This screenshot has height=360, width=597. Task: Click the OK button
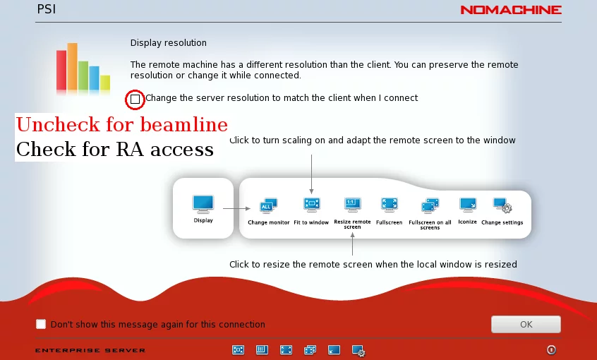526,324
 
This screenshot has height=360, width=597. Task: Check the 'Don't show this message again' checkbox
41,324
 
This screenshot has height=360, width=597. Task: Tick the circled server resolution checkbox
135,100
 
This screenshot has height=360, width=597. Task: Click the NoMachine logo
511,10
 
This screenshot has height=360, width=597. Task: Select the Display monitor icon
203,204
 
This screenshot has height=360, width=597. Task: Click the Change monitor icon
268,205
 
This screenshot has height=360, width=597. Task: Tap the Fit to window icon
311,205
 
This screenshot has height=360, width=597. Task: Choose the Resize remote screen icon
352,205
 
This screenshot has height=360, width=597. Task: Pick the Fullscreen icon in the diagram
389,205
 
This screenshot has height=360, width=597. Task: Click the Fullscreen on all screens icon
430,205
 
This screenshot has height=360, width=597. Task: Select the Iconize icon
468,205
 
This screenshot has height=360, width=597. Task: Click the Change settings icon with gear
502,205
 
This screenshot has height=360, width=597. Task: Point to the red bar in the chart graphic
61,71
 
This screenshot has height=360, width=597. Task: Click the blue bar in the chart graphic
94,78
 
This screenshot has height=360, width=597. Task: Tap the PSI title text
47,9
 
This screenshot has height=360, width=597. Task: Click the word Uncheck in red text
58,124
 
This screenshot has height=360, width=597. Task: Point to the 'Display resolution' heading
168,42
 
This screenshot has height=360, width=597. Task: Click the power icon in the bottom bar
551,349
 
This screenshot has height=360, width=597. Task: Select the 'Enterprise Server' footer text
90,351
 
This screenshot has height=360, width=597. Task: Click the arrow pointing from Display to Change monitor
236,208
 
